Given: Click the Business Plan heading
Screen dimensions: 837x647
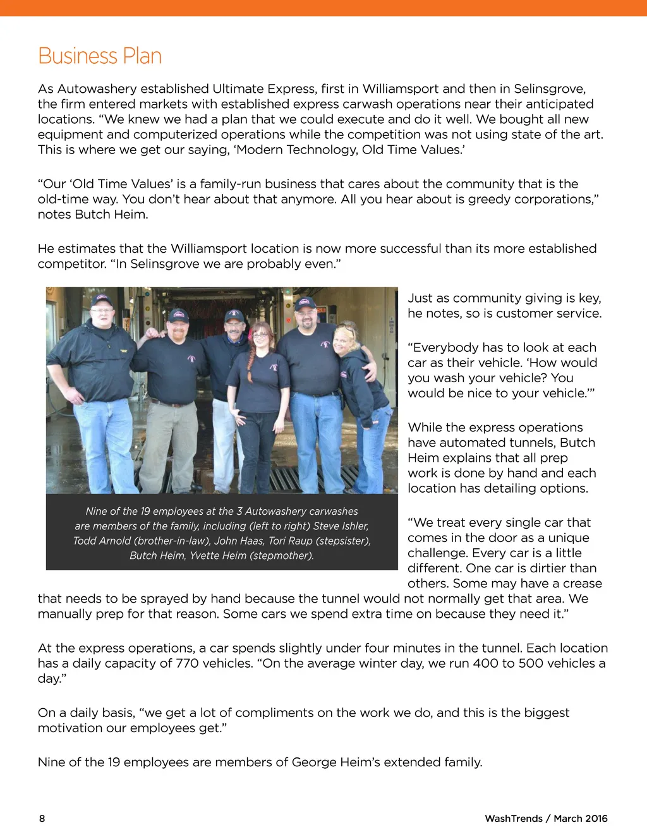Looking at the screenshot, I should (100, 56).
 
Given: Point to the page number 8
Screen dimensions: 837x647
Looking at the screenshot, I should (42, 819).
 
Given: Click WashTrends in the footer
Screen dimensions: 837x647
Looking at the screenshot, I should (514, 819).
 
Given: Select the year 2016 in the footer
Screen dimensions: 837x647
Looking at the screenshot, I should (594, 819).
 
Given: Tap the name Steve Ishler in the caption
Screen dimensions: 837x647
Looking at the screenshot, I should (341, 526).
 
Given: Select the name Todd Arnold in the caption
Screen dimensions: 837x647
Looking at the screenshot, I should (102, 541).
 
